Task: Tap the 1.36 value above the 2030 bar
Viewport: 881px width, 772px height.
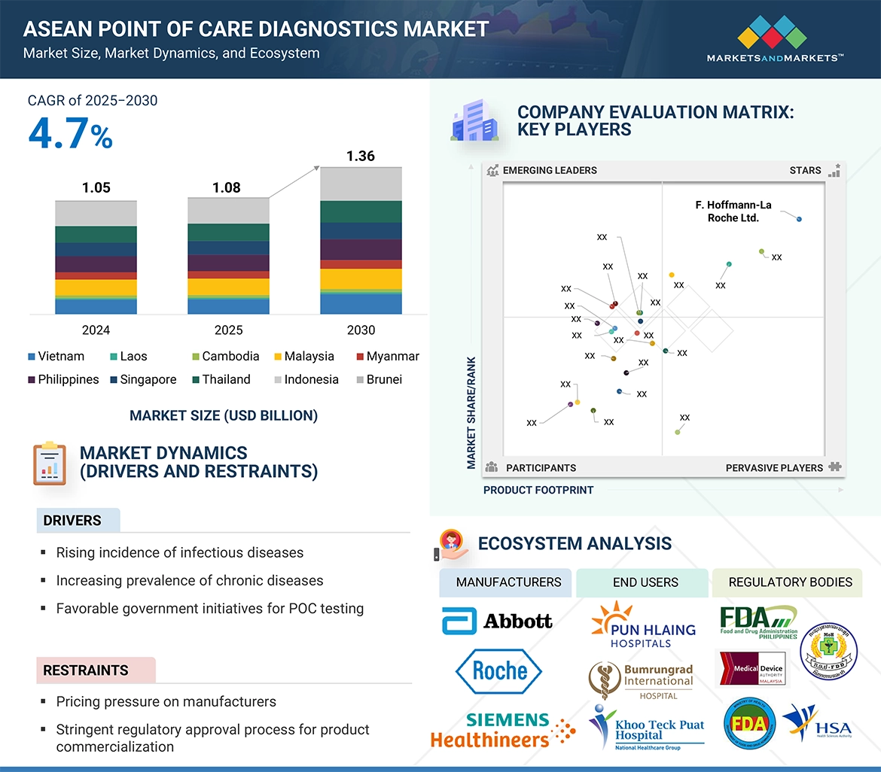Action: [x=360, y=157]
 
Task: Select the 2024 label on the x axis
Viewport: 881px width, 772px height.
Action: [x=96, y=330]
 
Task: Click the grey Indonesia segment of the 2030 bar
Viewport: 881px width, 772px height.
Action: [x=361, y=184]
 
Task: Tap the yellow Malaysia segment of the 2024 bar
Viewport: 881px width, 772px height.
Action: [x=96, y=287]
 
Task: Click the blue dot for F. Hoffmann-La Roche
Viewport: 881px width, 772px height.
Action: [x=799, y=219]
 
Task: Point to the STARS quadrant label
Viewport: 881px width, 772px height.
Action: [x=805, y=171]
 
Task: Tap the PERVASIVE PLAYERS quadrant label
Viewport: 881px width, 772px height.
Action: [x=774, y=468]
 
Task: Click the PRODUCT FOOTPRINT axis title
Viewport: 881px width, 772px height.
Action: [x=538, y=490]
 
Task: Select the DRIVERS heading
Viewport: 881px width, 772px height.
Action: [x=72, y=521]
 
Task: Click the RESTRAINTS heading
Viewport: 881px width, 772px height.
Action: [x=85, y=670]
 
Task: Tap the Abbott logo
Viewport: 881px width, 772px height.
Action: [x=497, y=621]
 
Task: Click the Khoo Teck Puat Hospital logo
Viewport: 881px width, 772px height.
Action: [x=647, y=728]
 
